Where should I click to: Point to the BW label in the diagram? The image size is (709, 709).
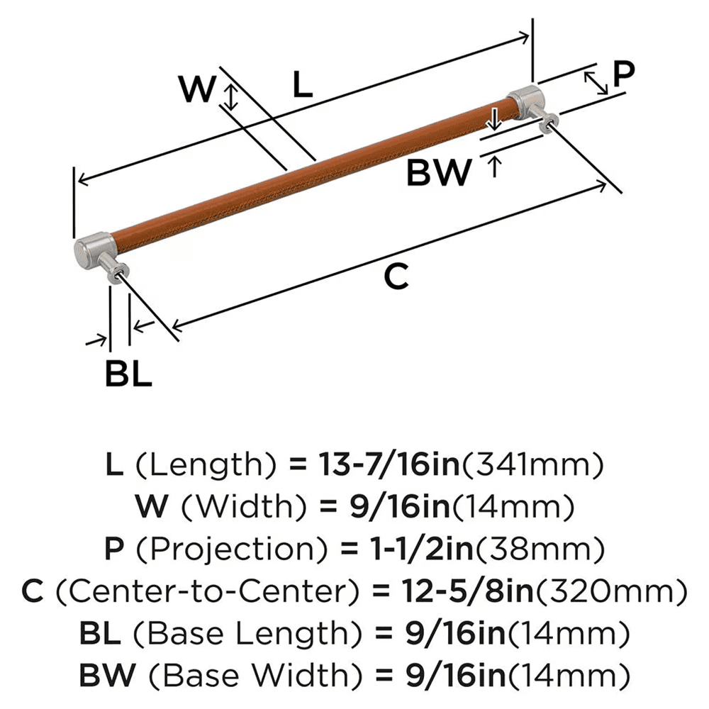tap(439, 172)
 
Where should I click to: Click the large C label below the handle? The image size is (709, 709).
tap(396, 277)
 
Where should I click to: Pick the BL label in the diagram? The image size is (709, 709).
tap(128, 374)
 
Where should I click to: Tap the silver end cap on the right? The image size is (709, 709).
tap(525, 101)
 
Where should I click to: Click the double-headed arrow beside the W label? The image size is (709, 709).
tap(229, 96)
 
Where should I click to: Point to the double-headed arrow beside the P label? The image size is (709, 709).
tap(597, 83)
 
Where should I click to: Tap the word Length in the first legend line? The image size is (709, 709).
tap(204, 466)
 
